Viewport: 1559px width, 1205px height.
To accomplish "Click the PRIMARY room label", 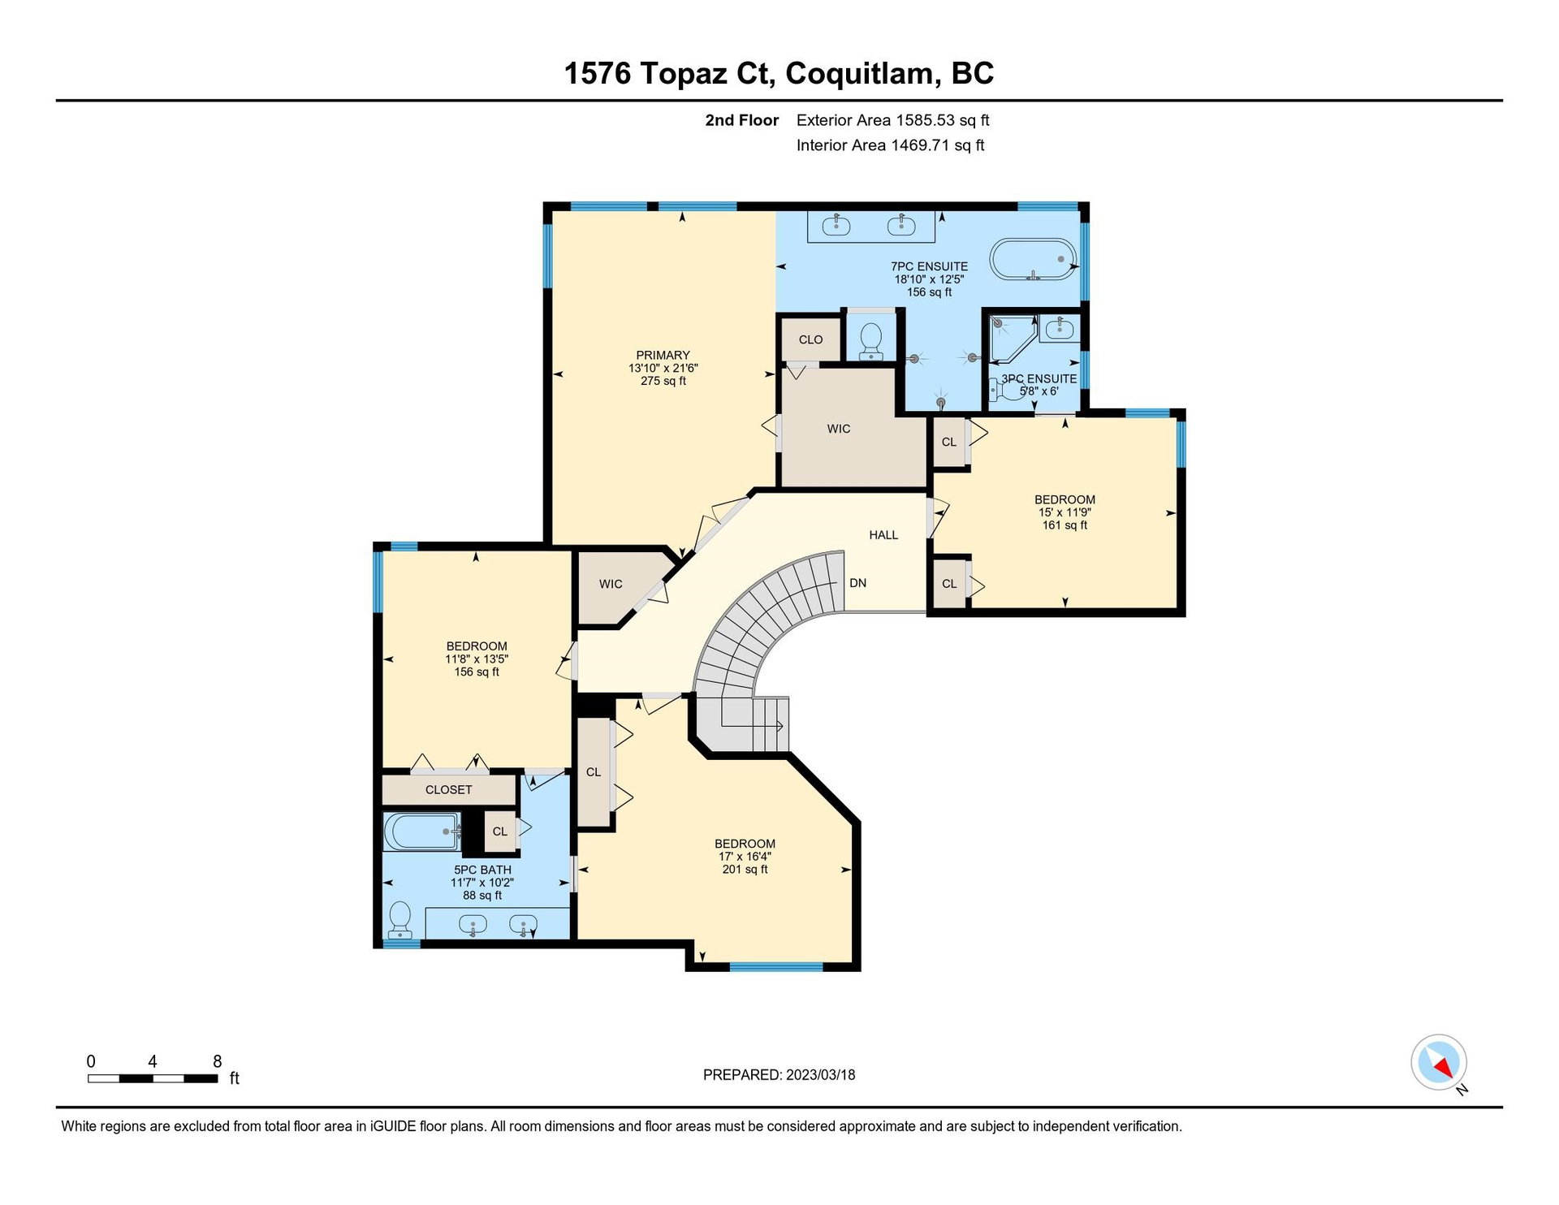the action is [663, 355].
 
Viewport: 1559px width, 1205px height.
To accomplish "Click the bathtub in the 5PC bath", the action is [421, 831].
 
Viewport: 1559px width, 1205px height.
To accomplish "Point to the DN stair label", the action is [857, 583].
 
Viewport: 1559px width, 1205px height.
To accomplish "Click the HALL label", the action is [883, 535].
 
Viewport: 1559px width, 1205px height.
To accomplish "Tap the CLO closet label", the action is [810, 339].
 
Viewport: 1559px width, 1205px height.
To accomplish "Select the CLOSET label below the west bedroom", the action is [448, 789].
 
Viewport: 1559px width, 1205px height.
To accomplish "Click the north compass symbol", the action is [1440, 1063].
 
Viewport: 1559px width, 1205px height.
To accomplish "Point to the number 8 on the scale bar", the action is [217, 1061].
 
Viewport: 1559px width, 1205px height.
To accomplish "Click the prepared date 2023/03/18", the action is [820, 1075].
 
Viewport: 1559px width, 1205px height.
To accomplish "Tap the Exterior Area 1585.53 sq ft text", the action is [892, 120].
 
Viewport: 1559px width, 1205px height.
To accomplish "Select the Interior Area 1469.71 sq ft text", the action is [890, 145].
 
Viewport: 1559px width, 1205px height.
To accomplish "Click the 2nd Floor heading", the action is [741, 120].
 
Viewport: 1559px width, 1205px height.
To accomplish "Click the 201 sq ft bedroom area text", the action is [745, 870].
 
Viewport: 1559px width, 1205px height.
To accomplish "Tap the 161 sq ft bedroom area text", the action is [1065, 525].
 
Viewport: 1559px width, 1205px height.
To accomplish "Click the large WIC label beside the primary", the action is [839, 429].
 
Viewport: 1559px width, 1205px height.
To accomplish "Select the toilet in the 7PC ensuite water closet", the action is [870, 341].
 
